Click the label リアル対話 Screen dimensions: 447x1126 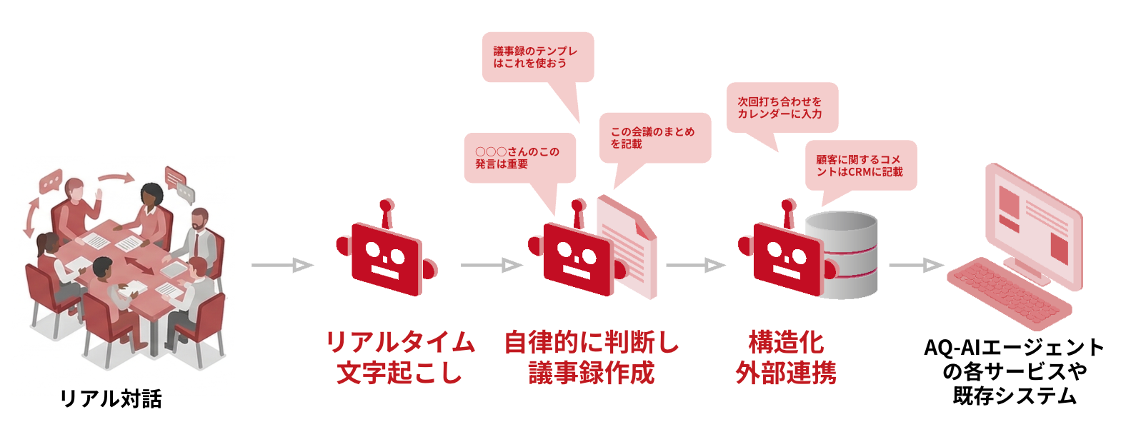[111, 398]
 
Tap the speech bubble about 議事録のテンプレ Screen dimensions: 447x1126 [537, 57]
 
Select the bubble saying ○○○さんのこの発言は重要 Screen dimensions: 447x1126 [519, 158]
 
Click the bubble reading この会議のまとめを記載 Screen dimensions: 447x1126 [654, 138]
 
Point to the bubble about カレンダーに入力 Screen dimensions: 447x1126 [782, 108]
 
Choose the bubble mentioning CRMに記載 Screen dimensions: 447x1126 [860, 166]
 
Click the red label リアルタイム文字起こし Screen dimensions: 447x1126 [400, 357]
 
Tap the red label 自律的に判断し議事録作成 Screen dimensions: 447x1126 [592, 357]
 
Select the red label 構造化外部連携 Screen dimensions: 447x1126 [786, 357]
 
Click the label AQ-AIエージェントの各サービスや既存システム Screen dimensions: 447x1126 [1015, 371]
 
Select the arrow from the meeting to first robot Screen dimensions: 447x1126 [282, 266]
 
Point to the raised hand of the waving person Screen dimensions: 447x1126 [99, 194]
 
